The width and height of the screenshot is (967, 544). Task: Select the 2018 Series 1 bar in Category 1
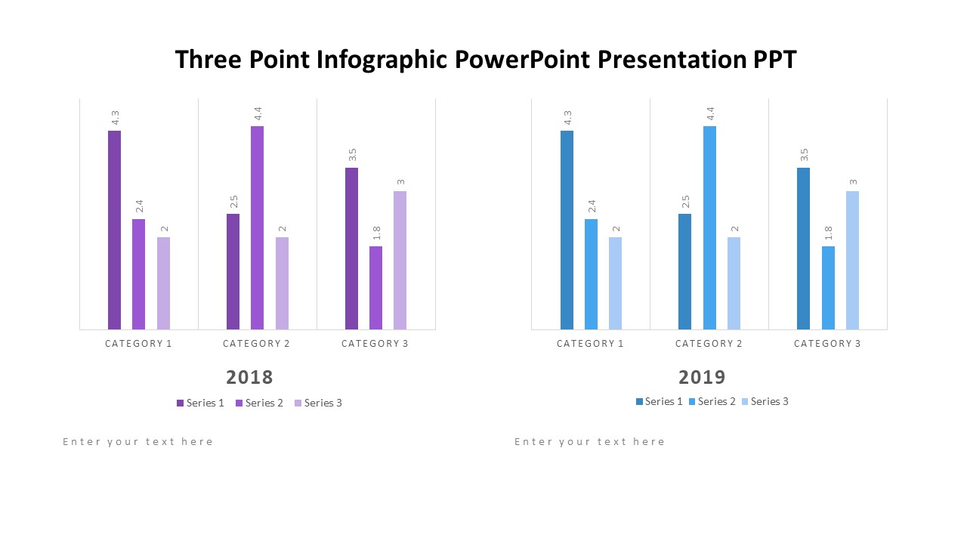(114, 230)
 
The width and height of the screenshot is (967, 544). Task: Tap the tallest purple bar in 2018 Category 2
(257, 227)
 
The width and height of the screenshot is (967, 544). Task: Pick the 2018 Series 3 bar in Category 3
(400, 260)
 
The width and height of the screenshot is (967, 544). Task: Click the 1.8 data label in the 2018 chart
(376, 233)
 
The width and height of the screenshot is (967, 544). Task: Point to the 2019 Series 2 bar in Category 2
(709, 227)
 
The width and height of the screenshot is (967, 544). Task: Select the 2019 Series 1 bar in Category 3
(803, 249)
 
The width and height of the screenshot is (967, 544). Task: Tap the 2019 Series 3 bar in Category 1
(615, 283)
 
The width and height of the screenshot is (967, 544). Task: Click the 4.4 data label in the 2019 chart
(709, 113)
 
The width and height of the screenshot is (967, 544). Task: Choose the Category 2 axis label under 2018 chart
(257, 344)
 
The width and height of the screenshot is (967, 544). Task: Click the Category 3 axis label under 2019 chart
(827, 344)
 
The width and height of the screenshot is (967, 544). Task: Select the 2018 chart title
(249, 377)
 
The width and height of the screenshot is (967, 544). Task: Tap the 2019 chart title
(702, 377)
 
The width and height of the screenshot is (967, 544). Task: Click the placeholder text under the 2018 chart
(138, 442)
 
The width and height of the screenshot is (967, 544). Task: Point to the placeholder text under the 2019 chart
(590, 442)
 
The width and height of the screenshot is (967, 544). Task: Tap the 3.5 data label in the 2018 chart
(352, 154)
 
